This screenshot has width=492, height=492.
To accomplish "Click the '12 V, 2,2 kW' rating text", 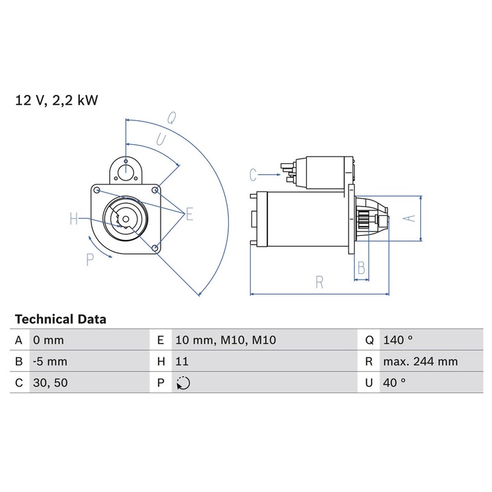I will [x=57, y=100].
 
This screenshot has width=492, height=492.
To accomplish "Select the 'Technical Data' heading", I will [x=60, y=319].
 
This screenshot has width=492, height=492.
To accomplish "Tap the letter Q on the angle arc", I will [x=172, y=117].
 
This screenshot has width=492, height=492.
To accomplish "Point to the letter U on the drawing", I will [x=161, y=139].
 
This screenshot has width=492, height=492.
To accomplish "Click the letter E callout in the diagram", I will [x=189, y=215].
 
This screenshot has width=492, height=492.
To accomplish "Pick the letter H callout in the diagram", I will [x=74, y=219].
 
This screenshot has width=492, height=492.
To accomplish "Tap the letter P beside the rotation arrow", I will [x=89, y=259].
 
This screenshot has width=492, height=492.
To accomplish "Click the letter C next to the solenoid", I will [x=253, y=174].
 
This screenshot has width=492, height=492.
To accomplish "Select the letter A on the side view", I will [x=408, y=218].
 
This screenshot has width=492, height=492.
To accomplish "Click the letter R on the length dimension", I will [x=319, y=282].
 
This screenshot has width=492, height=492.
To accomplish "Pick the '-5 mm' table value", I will [x=49, y=361].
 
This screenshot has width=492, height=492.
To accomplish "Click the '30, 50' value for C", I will [x=49, y=383].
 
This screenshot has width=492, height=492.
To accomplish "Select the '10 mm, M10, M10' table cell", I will [x=225, y=340].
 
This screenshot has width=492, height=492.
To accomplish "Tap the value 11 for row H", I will [x=181, y=361].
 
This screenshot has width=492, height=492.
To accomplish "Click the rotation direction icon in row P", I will [x=182, y=383].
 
